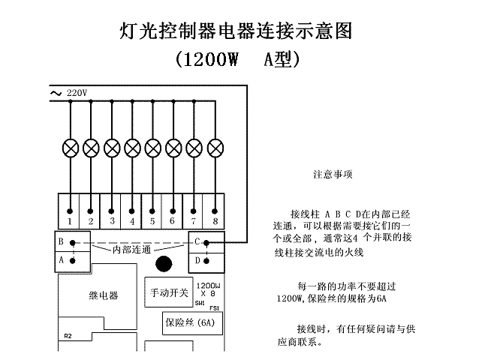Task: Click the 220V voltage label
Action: (77, 93)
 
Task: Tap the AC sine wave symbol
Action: (56, 93)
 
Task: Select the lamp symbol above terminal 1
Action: (71, 148)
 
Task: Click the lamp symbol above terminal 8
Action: (215, 148)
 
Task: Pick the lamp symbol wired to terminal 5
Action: (153, 148)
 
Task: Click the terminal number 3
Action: (112, 220)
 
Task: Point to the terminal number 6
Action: (172, 220)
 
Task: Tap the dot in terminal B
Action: (73, 243)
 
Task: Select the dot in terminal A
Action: (73, 261)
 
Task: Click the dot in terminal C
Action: (206, 242)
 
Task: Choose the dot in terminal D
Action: (206, 261)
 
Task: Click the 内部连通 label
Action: (131, 250)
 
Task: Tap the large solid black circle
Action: (164, 264)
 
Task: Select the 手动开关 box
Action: (169, 292)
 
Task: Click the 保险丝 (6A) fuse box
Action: (193, 323)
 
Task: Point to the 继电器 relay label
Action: (104, 295)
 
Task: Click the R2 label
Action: (68, 336)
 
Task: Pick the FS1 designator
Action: (215, 308)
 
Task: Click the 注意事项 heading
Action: (333, 175)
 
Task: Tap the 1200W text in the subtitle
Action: (211, 59)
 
